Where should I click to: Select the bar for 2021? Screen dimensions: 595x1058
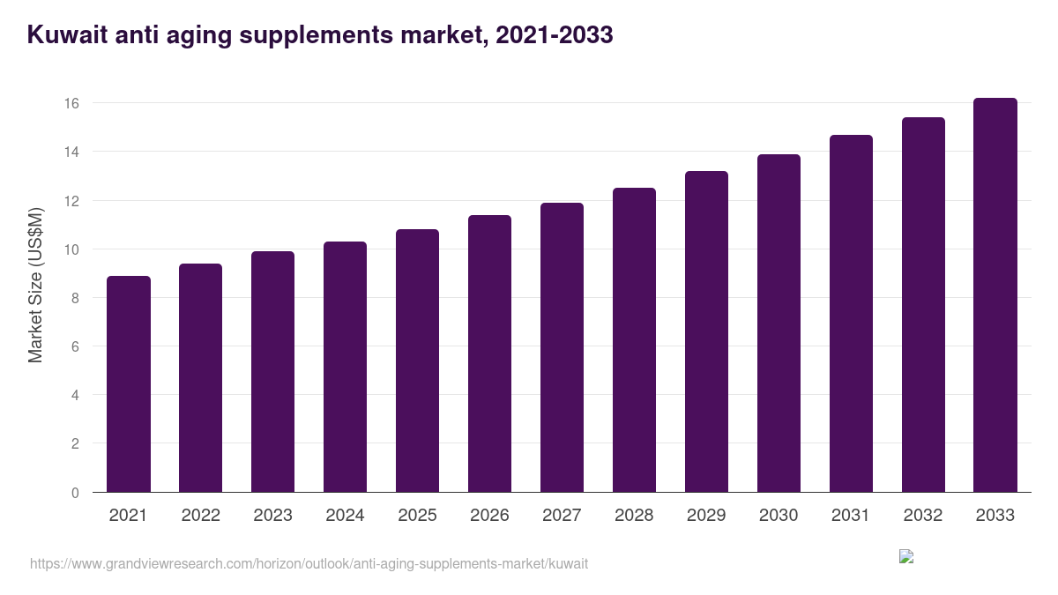pos(129,384)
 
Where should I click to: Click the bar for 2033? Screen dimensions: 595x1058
pos(995,295)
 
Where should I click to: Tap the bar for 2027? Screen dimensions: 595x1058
pos(562,347)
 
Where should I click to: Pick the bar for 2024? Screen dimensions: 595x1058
pos(345,367)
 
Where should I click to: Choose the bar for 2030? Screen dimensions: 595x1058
pos(779,324)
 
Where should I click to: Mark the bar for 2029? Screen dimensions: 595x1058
pos(706,331)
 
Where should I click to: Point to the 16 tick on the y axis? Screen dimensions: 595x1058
pos(71,103)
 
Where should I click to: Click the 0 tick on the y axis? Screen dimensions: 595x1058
pos(75,493)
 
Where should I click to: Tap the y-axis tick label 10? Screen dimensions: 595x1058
pos(71,249)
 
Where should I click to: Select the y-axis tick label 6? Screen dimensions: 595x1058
pos(75,346)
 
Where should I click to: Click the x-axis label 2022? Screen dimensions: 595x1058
pos(201,516)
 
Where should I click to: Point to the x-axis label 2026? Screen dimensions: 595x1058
pos(489,516)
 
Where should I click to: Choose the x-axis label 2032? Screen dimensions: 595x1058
pos(923,516)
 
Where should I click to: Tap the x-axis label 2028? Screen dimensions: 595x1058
pos(634,516)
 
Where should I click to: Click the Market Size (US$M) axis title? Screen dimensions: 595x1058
pos(35,286)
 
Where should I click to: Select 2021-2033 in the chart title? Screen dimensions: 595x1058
pos(554,35)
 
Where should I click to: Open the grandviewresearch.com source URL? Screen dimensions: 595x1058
pos(309,563)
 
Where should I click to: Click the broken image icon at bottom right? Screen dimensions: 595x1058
pos(906,556)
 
